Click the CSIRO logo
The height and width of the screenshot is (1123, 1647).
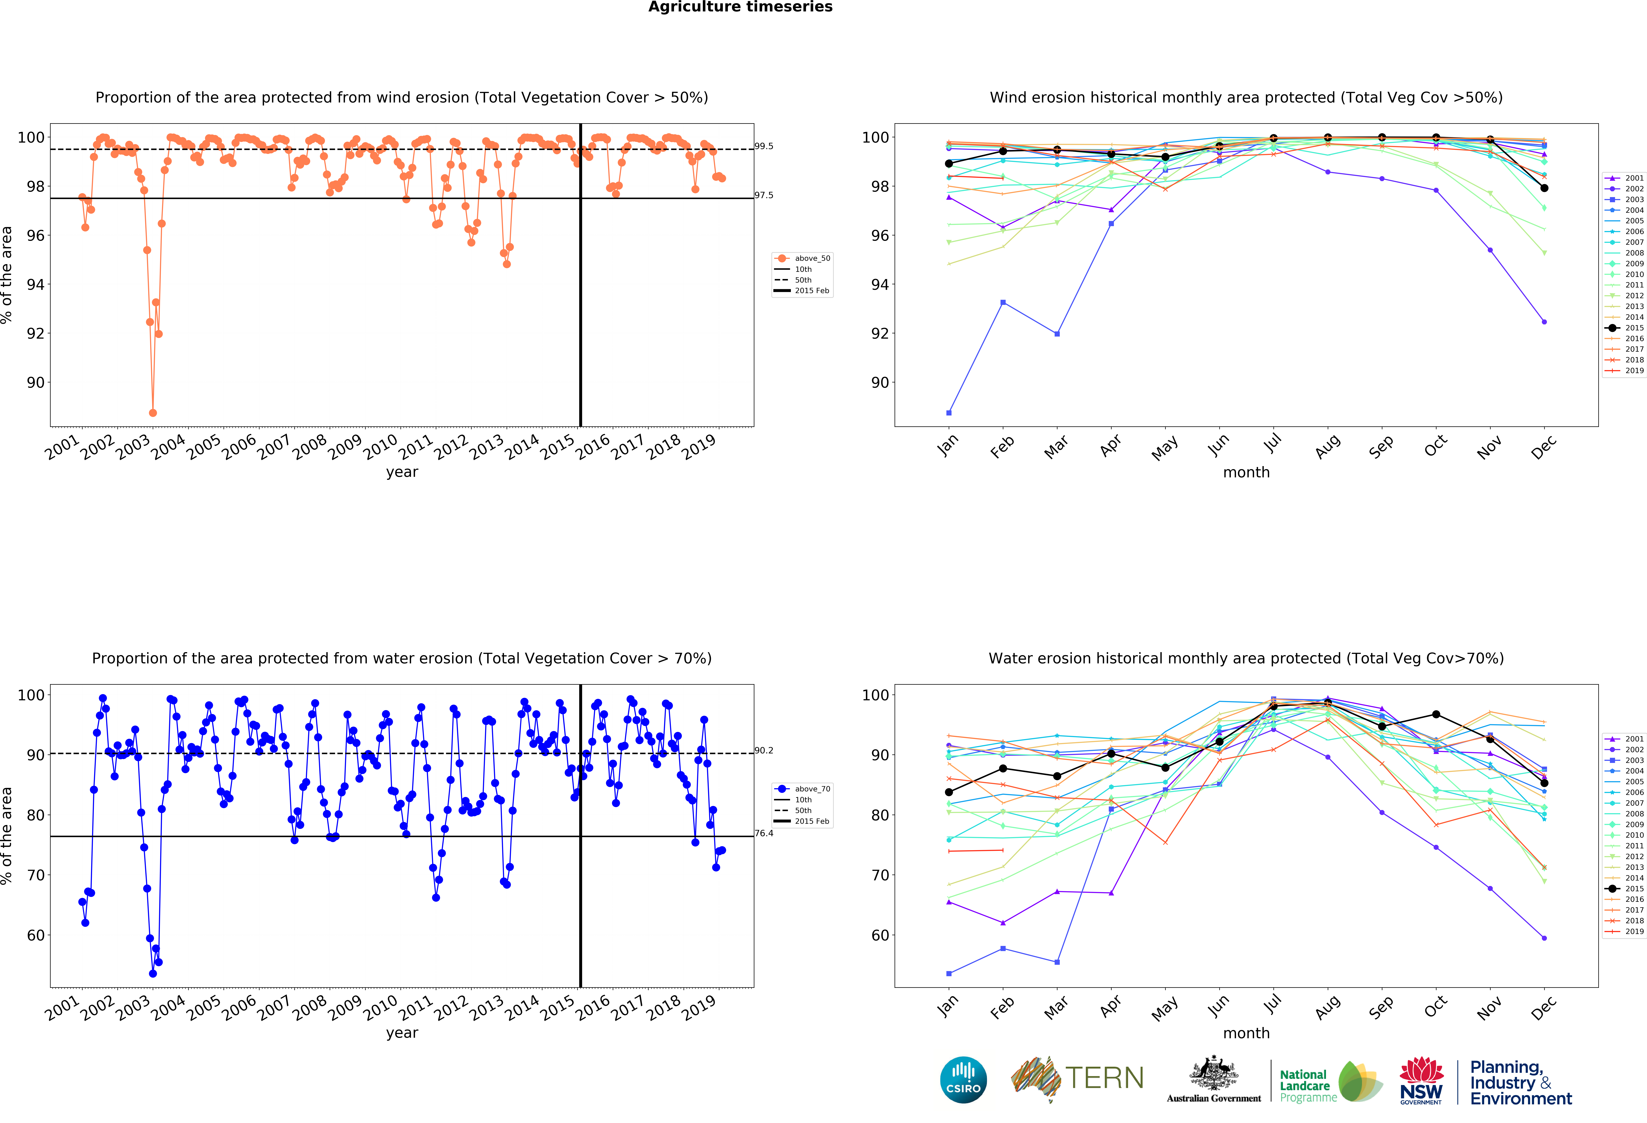click(x=963, y=1080)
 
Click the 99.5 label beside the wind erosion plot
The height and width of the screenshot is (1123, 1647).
click(x=764, y=146)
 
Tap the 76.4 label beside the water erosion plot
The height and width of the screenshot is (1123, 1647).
click(x=764, y=833)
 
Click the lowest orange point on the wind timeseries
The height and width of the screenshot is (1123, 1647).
click(x=153, y=413)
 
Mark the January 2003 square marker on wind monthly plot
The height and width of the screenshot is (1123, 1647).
click(x=949, y=413)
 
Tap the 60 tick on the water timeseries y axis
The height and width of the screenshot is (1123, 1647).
click(x=35, y=935)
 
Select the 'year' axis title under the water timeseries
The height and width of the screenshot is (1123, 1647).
click(x=402, y=1033)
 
